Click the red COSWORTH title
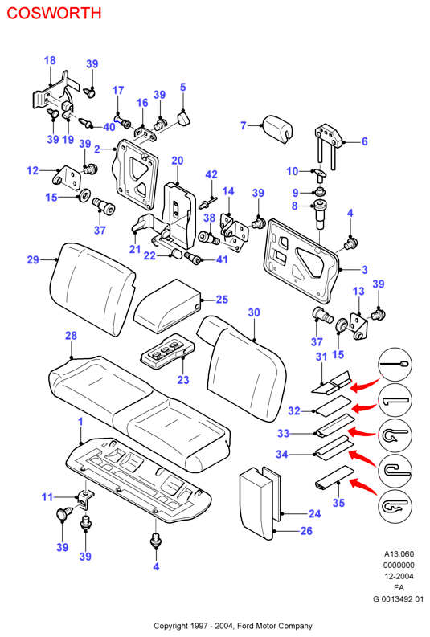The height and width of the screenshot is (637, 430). pos(54,13)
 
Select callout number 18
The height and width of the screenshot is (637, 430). pos(50,60)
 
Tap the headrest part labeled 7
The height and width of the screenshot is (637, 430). pos(277,128)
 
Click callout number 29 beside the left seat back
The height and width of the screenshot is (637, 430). pos(33,259)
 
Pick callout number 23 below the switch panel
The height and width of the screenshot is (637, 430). pos(183,380)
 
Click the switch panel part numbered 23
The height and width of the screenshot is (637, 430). pos(167,352)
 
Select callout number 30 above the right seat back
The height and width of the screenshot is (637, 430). pos(254,312)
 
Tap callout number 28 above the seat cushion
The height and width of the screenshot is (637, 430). pos(71,336)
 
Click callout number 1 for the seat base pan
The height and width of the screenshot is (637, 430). pos(80,422)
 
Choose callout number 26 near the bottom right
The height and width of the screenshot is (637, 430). pos(306,530)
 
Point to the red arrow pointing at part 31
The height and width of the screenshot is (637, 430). pos(365,385)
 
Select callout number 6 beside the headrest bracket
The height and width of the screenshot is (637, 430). pos(365,141)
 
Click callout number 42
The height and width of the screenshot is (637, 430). pos(211,174)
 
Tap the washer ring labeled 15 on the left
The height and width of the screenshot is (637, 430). pos(84,195)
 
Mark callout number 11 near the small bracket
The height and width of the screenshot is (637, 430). pos(47,497)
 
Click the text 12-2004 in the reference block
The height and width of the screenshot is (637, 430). pos(399,576)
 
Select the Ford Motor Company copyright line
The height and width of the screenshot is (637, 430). pos(233,626)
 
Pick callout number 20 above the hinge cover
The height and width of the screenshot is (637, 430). pos(178,161)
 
